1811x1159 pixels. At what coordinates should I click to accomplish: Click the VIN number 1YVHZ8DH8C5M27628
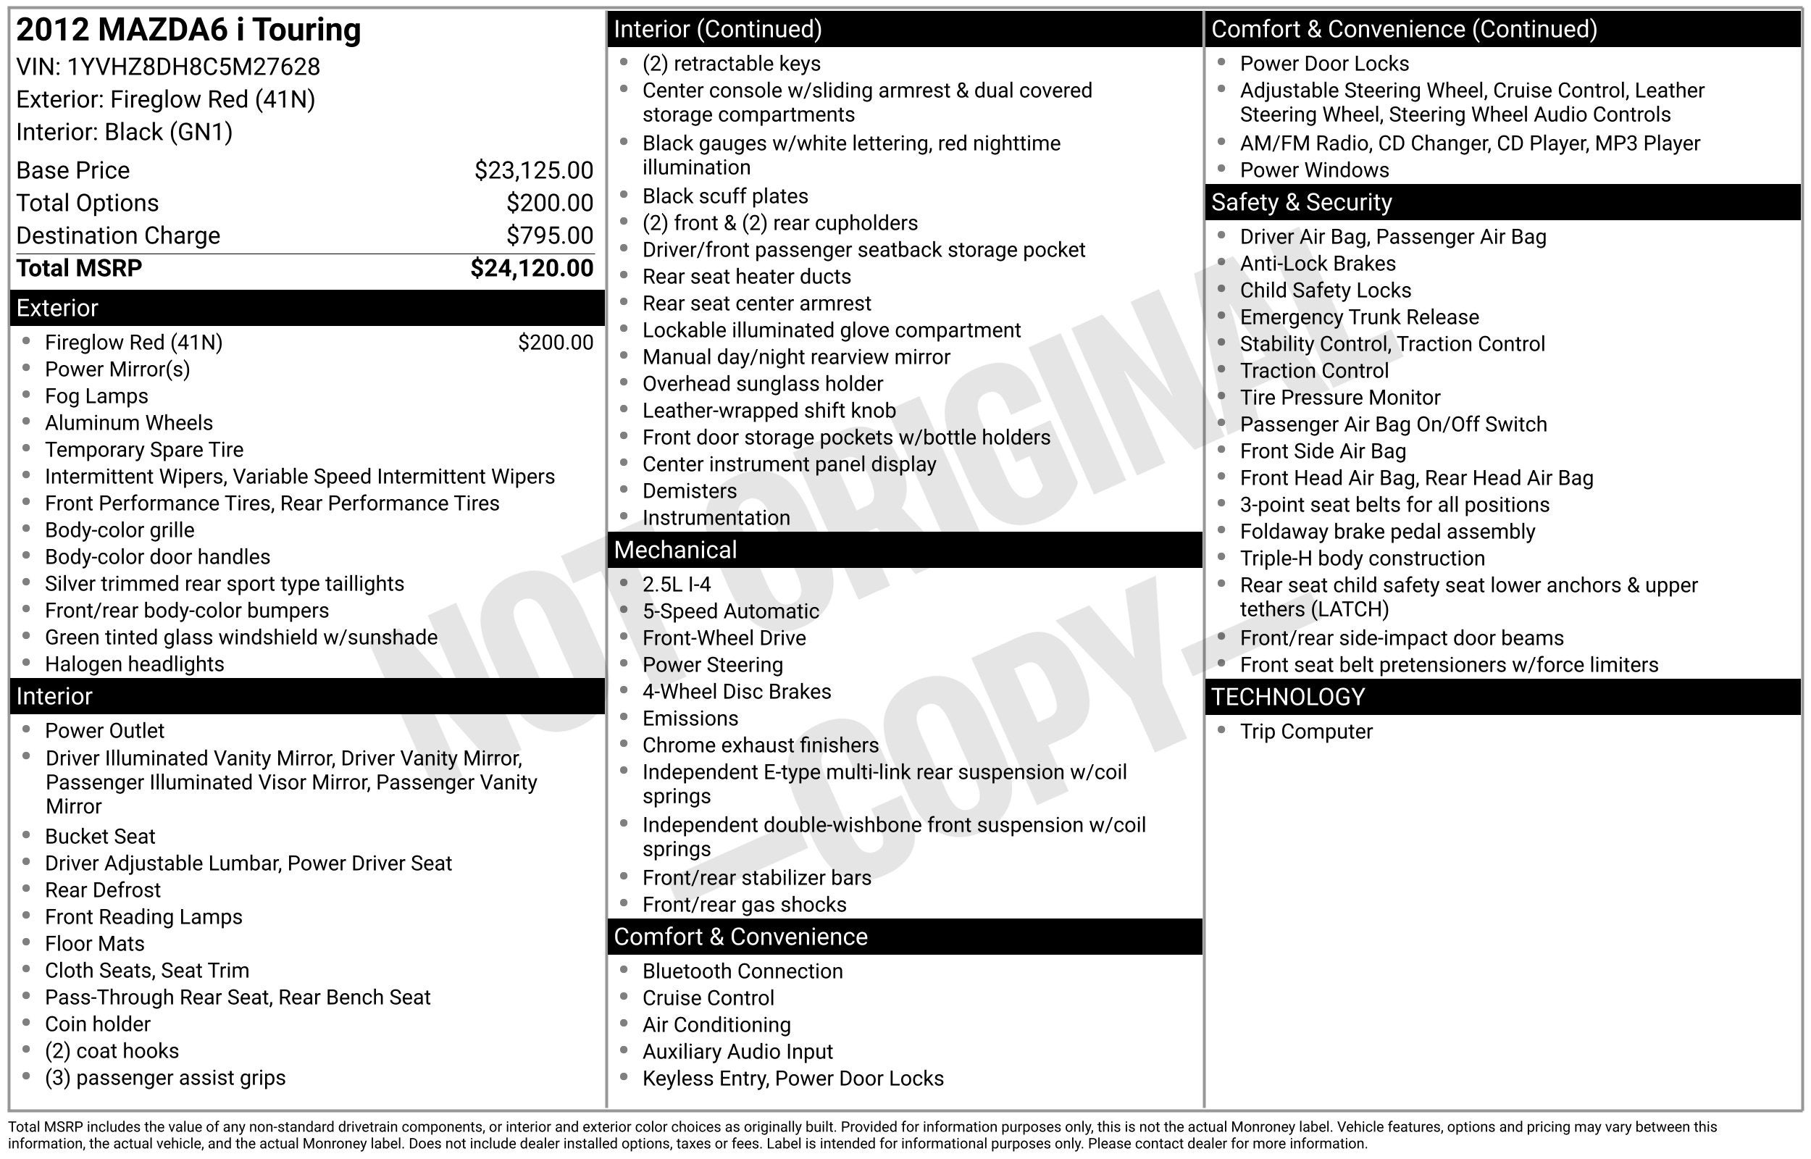(193, 67)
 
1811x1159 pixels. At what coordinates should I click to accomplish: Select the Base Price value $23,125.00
(533, 171)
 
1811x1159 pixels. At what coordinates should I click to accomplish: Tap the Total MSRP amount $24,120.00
(531, 269)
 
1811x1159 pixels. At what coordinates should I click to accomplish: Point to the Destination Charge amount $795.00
(549, 235)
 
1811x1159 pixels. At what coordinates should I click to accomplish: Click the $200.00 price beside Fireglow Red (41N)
(556, 343)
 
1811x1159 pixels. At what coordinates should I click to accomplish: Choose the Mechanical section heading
(675, 550)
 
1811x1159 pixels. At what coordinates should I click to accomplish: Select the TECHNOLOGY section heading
(1287, 697)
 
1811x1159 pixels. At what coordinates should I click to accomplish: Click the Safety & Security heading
(1301, 202)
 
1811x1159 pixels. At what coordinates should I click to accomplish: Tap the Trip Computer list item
(1305, 732)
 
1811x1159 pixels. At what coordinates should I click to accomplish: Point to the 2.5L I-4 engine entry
(676, 585)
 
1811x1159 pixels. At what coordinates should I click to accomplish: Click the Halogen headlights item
(134, 664)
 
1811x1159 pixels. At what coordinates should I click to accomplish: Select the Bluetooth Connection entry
(742, 971)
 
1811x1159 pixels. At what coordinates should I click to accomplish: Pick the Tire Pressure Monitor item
(1339, 398)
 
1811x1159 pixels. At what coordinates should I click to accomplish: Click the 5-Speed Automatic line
(729, 611)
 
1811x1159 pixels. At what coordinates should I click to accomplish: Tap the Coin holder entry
(97, 1024)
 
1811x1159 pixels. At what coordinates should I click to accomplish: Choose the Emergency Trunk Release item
(1359, 317)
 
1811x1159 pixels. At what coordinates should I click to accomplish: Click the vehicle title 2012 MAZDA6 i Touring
(188, 30)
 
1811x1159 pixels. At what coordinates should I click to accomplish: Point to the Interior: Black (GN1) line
(124, 133)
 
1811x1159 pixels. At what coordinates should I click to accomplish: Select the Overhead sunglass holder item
(762, 384)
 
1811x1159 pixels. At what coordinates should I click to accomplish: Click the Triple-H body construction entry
(1362, 558)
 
